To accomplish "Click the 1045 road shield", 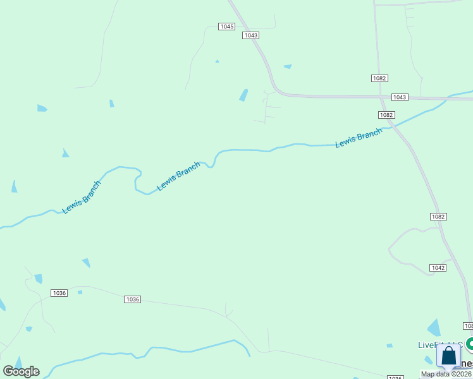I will (226, 27).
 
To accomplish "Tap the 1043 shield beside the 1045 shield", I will (250, 35).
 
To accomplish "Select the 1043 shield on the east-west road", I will (400, 97).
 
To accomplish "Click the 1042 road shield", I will (438, 268).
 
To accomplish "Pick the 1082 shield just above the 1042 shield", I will (438, 217).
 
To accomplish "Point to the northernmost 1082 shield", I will (379, 78).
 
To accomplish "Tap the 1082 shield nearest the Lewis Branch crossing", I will (387, 115).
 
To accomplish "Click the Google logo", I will (21, 371).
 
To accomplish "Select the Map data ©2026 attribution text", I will (446, 374).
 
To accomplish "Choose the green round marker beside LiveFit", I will (470, 344).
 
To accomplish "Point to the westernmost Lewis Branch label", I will (82, 198).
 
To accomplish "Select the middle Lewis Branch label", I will (178, 176).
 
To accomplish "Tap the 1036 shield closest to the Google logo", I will (59, 293).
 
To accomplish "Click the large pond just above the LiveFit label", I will (434, 328).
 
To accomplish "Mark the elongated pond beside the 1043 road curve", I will (243, 95).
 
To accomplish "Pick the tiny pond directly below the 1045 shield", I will (217, 61).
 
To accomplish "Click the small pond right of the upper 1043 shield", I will (288, 66).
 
